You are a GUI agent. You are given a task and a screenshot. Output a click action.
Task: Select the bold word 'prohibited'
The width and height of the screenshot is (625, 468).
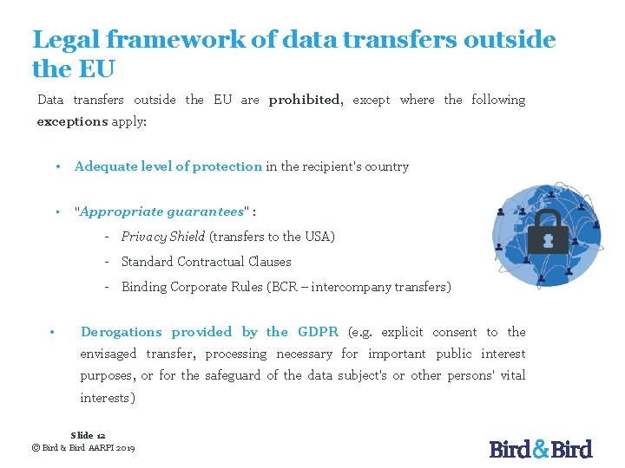click(x=305, y=100)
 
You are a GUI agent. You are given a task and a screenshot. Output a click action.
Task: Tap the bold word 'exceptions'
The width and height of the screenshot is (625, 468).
click(x=72, y=122)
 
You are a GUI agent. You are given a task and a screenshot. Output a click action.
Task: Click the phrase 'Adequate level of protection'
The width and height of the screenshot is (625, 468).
click(x=168, y=166)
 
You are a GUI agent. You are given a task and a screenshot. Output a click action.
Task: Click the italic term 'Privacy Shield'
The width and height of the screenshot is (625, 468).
click(x=163, y=237)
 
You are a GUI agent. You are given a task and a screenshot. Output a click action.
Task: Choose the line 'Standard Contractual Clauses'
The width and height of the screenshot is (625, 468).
click(x=206, y=262)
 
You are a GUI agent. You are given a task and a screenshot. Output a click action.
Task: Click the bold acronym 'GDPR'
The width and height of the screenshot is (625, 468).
click(x=318, y=332)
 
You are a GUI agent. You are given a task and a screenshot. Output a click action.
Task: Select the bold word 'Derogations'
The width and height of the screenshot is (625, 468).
click(x=121, y=332)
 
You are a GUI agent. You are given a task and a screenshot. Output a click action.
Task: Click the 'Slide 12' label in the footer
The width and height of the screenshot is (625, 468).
click(x=88, y=435)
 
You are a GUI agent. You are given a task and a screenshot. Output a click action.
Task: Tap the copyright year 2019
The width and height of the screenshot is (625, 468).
click(x=123, y=447)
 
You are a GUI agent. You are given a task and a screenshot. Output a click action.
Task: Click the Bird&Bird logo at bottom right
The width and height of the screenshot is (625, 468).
click(x=541, y=449)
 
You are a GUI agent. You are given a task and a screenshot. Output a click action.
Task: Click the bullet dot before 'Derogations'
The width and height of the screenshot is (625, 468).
click(x=53, y=332)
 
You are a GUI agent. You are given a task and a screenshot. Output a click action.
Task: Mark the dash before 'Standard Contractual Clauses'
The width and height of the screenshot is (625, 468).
click(x=105, y=262)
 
